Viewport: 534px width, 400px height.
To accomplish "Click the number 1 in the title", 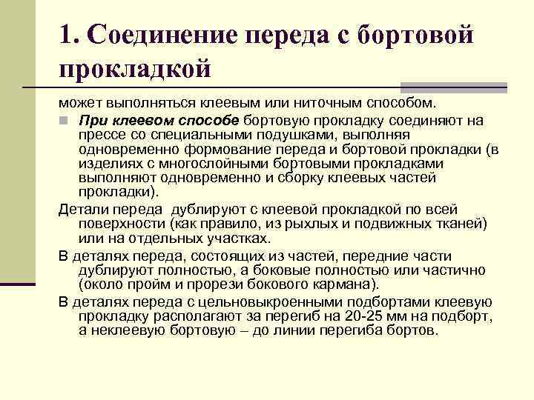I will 68,35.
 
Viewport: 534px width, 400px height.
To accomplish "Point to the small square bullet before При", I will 64,120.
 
